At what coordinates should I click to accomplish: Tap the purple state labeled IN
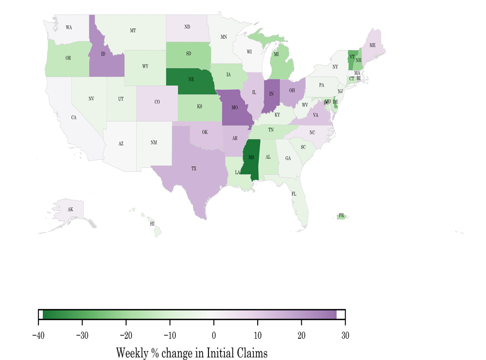[271, 94]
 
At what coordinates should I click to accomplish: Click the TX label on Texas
[194, 169]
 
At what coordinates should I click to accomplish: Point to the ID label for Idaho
[103, 54]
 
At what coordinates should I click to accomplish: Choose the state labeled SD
[188, 54]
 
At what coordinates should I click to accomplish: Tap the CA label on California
[74, 118]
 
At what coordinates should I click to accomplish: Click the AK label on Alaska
[70, 209]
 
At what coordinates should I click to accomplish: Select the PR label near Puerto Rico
[341, 215]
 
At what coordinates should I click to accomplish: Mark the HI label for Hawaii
[152, 224]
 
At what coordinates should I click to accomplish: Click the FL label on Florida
[294, 194]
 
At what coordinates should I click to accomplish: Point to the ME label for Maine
[372, 45]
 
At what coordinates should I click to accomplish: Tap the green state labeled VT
[351, 57]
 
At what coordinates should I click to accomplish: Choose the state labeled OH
[292, 90]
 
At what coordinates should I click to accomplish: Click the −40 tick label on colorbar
[38, 335]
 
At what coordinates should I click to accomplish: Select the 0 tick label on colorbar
[214, 335]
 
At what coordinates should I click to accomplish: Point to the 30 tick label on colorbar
[345, 335]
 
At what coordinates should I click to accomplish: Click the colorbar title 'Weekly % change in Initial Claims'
[191, 352]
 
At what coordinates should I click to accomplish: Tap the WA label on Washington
[69, 28]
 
